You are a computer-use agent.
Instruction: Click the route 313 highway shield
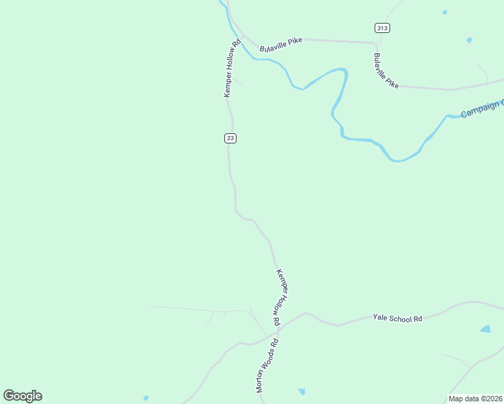383,28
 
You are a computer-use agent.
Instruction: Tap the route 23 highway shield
230,138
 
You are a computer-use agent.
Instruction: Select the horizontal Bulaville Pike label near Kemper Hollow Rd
281,42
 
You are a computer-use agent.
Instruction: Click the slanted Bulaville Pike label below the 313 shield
386,71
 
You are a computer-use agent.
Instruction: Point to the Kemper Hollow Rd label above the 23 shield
232,69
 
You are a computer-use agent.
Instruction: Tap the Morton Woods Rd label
267,366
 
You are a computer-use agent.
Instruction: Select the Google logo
22,396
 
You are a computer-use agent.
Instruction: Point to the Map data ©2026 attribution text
475,399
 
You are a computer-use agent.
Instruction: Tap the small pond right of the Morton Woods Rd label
301,391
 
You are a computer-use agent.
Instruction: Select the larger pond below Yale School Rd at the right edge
485,329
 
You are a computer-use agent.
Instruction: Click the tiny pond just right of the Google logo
146,398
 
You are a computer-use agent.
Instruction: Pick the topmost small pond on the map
445,12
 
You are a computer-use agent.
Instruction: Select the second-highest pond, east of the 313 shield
469,40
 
